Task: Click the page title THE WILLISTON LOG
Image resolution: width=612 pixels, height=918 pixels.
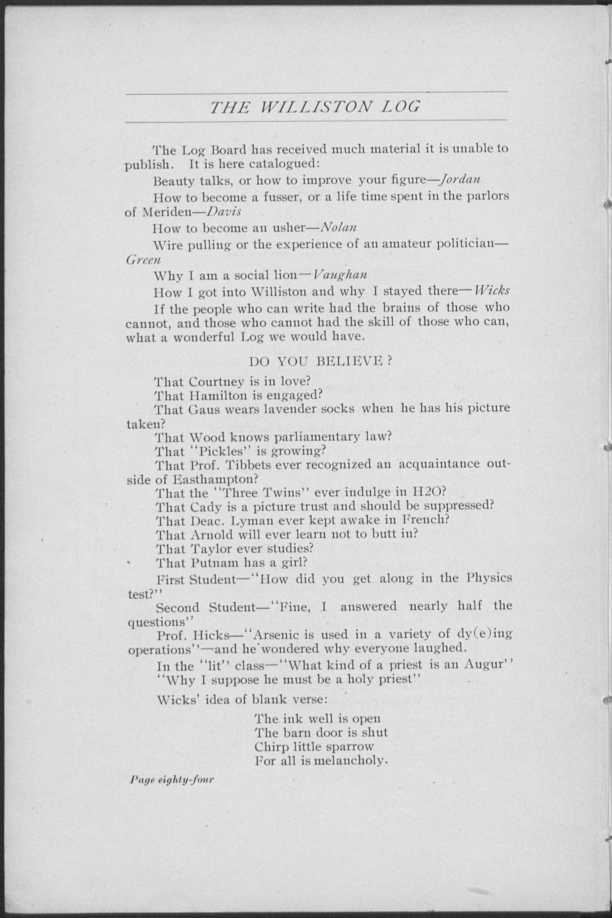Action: click(x=315, y=107)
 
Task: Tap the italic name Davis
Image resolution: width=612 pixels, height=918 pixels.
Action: click(x=224, y=212)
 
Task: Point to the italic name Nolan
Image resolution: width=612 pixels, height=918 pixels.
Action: click(x=338, y=227)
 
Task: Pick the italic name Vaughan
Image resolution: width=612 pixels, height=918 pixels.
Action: click(x=340, y=275)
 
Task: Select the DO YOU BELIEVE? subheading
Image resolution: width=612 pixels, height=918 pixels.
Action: click(x=320, y=361)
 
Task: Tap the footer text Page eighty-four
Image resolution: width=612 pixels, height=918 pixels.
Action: click(x=172, y=780)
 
